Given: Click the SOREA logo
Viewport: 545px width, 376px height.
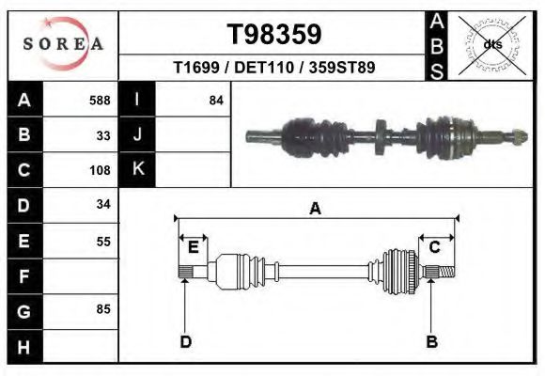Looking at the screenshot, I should (x=63, y=45).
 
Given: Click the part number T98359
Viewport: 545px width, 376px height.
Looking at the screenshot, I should (x=274, y=35).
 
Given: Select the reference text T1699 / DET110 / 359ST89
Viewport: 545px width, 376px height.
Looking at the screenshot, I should (x=274, y=68).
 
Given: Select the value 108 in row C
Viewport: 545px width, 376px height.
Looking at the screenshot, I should (x=100, y=171).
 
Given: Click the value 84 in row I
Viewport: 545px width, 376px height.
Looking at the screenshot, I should (x=216, y=100).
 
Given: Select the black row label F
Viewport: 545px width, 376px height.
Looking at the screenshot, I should (x=24, y=276).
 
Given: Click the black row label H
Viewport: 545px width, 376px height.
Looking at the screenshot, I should (x=24, y=346).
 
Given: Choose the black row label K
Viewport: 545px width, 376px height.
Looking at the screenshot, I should (x=138, y=170).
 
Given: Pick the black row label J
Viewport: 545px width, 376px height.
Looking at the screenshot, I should (x=138, y=135).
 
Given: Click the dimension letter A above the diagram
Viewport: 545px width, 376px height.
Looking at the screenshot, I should (x=315, y=209).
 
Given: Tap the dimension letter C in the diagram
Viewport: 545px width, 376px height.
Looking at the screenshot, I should (x=435, y=247).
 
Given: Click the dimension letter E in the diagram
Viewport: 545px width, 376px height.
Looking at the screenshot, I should (x=193, y=247).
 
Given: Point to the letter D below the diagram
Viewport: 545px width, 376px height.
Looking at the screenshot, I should (x=185, y=341).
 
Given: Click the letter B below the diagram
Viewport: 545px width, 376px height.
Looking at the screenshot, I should (x=431, y=341).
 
